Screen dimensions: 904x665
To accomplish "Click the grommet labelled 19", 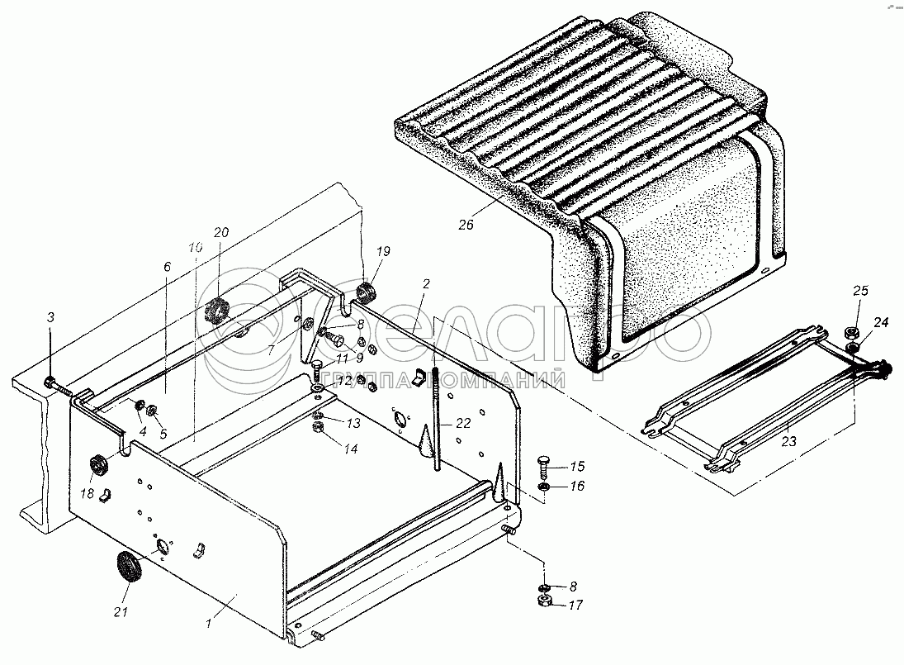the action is (x=366, y=292).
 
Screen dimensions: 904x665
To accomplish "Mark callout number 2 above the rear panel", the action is (x=426, y=284).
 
